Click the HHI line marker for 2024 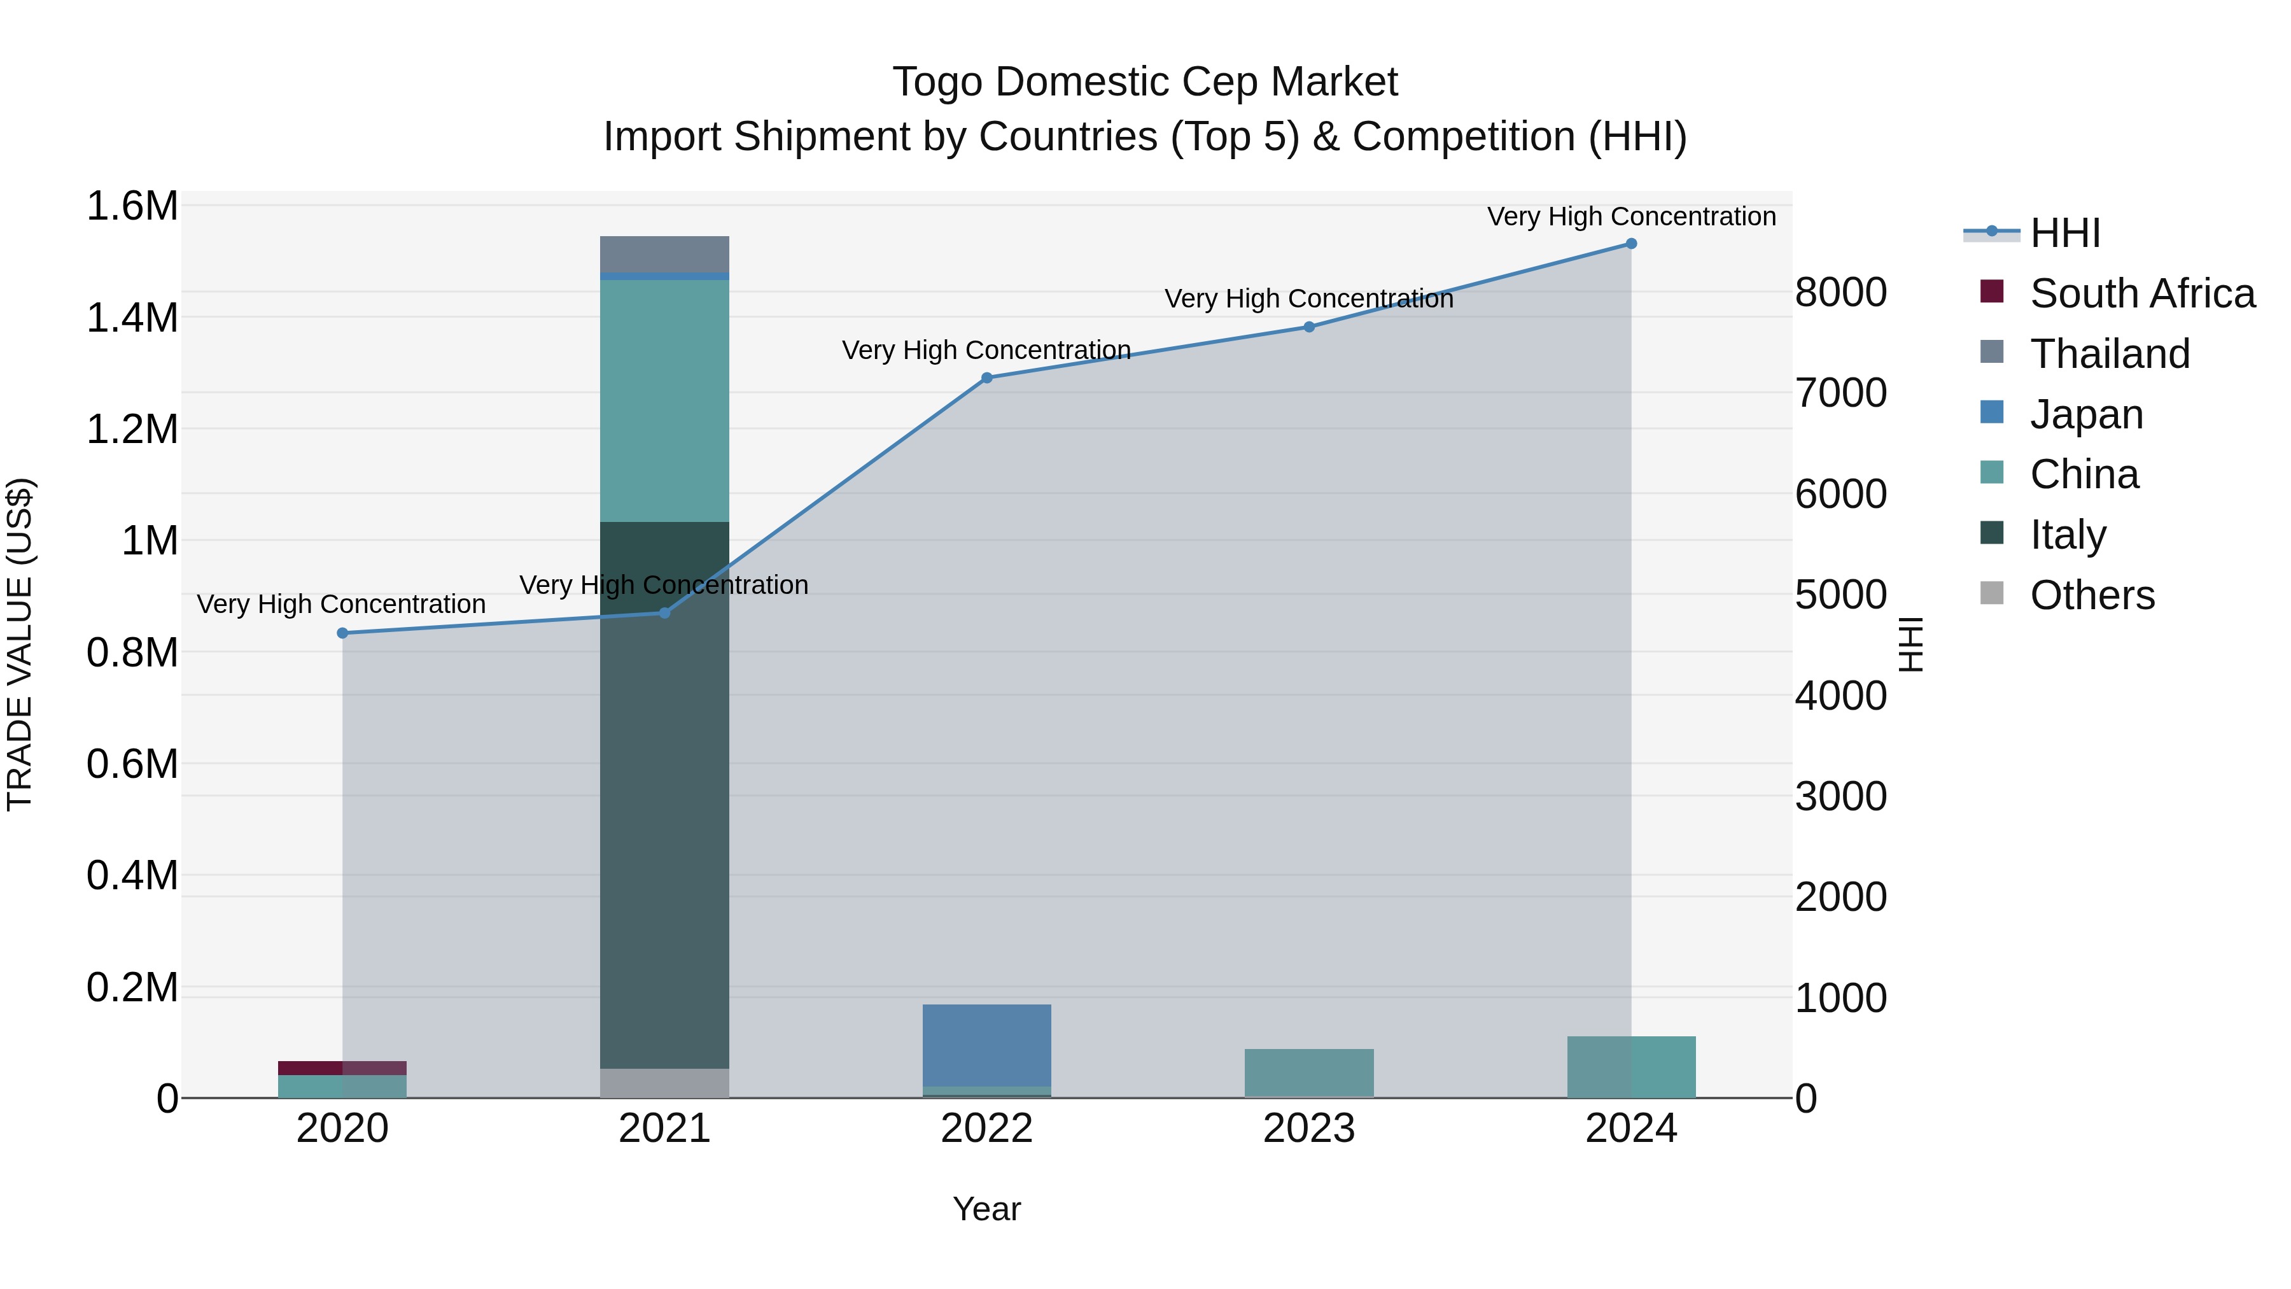click(1630, 244)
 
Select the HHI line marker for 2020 click(342, 633)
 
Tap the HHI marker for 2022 click(986, 378)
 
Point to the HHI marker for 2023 click(1308, 327)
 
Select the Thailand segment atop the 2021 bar click(664, 255)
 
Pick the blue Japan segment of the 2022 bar click(986, 1045)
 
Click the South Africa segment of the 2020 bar click(342, 1067)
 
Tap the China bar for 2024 click(1630, 1067)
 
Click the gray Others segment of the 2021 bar click(664, 1083)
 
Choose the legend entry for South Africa click(2141, 293)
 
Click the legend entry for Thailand click(2109, 354)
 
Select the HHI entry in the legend click(2064, 233)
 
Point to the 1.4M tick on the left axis click(132, 318)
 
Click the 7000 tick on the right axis click(1840, 393)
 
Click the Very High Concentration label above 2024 click(1630, 216)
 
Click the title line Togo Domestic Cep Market click(1145, 82)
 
